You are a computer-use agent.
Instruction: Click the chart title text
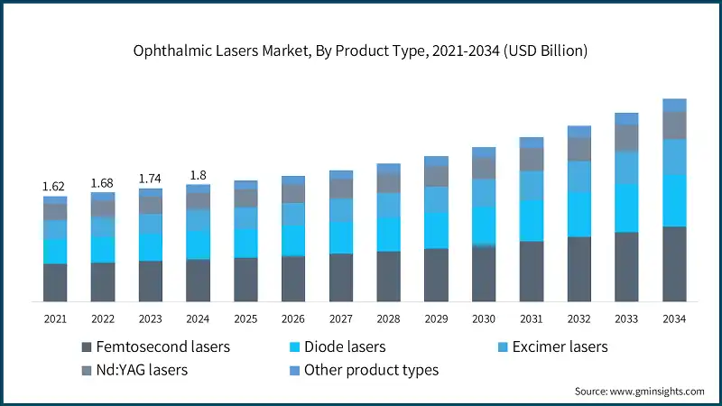[x=361, y=51]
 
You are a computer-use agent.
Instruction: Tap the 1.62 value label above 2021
[x=55, y=187]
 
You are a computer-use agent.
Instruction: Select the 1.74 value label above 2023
[x=151, y=180]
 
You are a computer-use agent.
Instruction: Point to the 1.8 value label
[x=198, y=176]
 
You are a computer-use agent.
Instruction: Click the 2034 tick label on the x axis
[x=674, y=318]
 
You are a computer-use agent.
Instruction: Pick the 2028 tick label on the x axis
[x=388, y=318]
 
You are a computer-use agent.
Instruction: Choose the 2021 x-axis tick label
[x=55, y=318]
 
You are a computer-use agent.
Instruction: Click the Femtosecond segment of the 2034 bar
[x=674, y=263]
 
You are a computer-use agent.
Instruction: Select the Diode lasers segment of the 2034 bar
[x=674, y=200]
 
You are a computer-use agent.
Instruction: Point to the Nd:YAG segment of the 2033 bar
[x=626, y=137]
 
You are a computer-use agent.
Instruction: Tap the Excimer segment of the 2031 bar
[x=532, y=185]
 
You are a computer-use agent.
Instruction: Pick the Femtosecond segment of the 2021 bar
[x=55, y=282]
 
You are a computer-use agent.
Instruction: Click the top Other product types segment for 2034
[x=674, y=105]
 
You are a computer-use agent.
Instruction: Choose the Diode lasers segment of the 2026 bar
[x=293, y=241]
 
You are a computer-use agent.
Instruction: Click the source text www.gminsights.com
[x=639, y=391]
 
